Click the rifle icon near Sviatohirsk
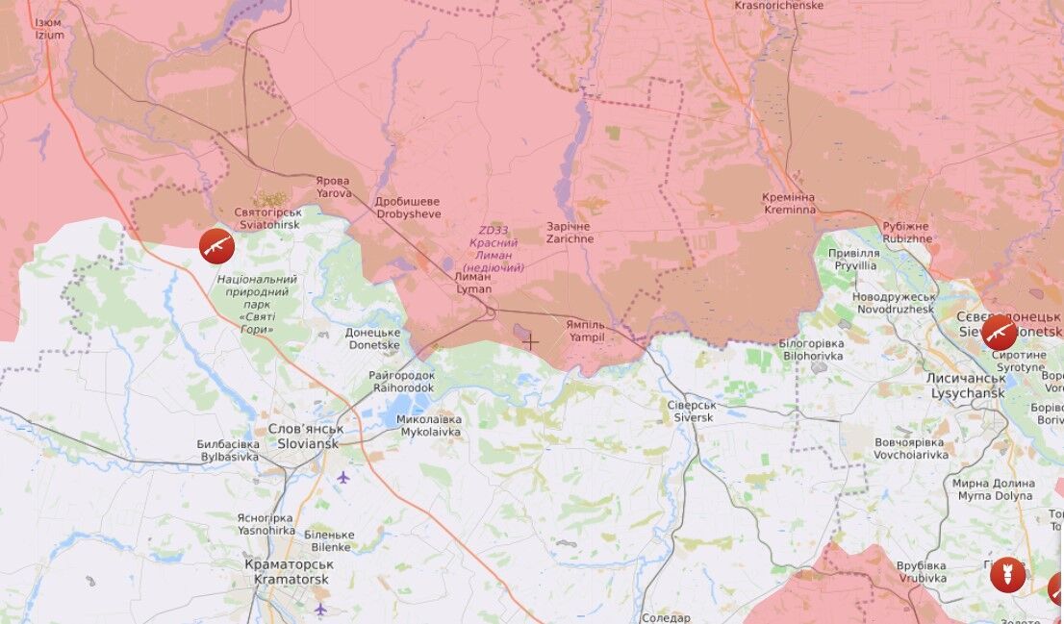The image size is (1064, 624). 216,246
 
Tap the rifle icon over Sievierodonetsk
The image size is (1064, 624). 999,333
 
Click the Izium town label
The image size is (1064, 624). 49,29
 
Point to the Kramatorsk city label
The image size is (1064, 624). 288,572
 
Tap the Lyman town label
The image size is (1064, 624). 472,283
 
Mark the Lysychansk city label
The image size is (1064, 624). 965,387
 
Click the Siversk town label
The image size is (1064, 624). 691,412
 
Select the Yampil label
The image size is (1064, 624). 586,332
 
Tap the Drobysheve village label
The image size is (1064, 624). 407,208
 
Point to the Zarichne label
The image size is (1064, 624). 570,233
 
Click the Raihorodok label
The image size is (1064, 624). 401,382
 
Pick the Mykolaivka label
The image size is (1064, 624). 429,426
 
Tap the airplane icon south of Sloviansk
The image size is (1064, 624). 342,477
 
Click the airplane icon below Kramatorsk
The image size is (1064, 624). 320,609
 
